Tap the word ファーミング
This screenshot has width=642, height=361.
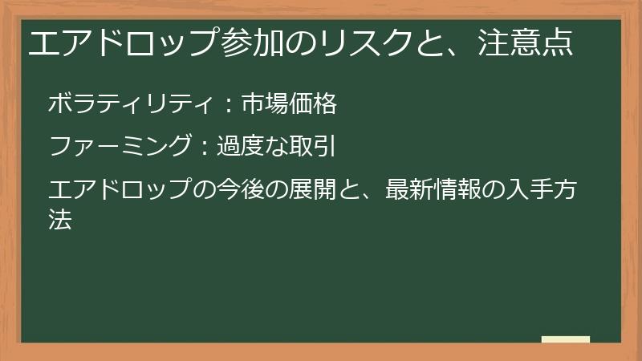coord(120,148)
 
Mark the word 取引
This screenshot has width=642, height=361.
coord(310,148)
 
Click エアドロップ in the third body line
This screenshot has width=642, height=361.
coord(119,192)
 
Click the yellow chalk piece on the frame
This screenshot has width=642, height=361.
coord(565,340)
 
